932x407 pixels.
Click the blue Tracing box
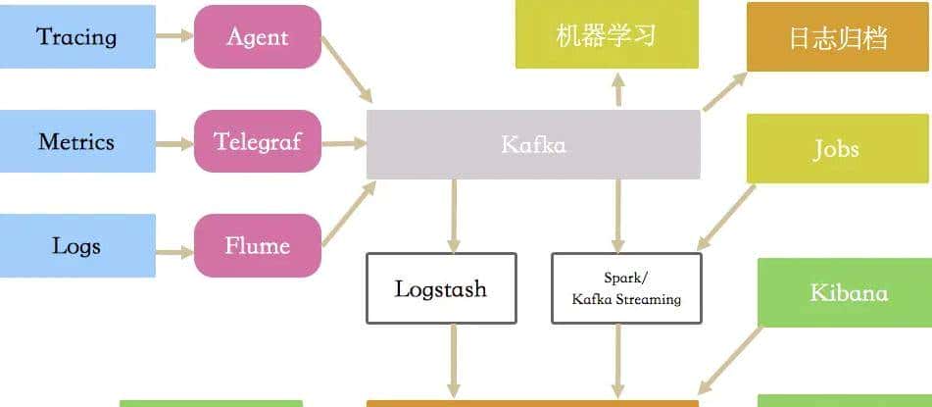76,37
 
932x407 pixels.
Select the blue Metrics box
76,141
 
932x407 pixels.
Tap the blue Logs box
76,245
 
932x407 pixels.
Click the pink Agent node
258,37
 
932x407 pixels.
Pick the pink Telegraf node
258,141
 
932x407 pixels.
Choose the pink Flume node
258,245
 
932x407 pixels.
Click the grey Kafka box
533,144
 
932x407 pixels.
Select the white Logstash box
440,288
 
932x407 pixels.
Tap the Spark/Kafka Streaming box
626,288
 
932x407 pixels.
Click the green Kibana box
849,292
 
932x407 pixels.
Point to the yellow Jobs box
836,149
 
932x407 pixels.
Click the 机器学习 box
607,37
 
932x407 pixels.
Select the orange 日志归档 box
838,37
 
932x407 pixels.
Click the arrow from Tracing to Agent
174,37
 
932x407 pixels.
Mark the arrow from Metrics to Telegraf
174,143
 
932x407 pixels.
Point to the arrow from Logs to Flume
174,251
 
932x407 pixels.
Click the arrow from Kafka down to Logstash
454,216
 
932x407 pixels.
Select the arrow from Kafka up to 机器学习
618,89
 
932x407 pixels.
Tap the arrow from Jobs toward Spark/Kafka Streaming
725,218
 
